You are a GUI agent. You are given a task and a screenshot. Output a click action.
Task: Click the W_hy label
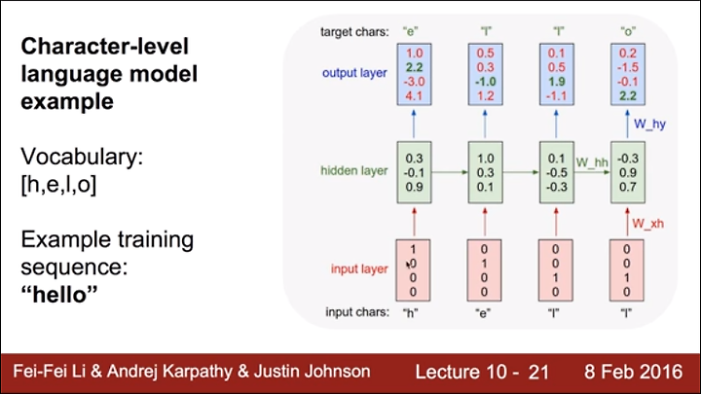(x=649, y=124)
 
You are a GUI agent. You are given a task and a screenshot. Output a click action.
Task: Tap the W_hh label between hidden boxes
(x=592, y=162)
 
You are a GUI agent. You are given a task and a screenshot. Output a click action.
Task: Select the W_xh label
(x=647, y=224)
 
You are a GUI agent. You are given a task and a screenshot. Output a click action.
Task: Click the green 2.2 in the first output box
(x=415, y=67)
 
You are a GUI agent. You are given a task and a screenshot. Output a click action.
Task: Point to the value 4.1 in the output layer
(x=415, y=96)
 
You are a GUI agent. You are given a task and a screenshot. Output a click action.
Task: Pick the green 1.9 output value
(x=557, y=82)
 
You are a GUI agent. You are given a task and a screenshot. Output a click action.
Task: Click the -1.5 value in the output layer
(x=628, y=67)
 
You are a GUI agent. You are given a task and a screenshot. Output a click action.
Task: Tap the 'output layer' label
(x=354, y=73)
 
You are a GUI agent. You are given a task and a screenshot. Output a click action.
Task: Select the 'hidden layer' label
(x=354, y=170)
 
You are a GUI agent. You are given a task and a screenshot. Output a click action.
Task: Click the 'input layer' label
(x=359, y=269)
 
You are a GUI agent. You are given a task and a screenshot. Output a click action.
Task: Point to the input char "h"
(x=411, y=312)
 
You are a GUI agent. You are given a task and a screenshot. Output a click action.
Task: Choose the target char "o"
(x=628, y=31)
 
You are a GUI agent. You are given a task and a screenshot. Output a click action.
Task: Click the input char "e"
(x=483, y=312)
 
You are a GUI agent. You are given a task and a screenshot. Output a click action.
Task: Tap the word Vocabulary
(x=82, y=157)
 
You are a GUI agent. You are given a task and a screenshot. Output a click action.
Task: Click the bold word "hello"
(x=59, y=295)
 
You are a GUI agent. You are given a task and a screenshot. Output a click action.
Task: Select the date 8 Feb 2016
(x=634, y=372)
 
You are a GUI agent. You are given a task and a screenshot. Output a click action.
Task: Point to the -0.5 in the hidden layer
(x=557, y=173)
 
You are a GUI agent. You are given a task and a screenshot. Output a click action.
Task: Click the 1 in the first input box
(x=413, y=249)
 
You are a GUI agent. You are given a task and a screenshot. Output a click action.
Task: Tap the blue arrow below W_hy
(x=627, y=124)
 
